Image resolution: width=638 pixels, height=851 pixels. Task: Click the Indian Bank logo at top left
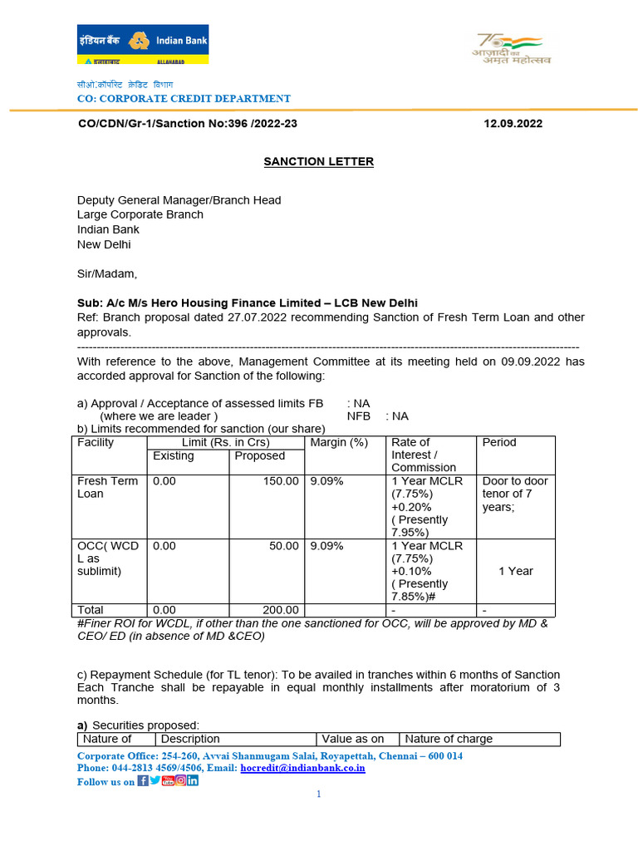coord(142,44)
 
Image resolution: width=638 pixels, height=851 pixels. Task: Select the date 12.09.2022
coord(513,124)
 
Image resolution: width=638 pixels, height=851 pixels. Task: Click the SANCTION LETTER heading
coord(318,161)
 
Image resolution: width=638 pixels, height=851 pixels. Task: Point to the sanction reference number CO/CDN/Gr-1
coord(187,124)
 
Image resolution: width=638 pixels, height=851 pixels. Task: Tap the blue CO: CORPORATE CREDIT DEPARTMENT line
coord(184,99)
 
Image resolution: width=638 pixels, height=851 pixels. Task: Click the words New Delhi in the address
coord(104,244)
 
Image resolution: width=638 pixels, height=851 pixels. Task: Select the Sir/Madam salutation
coord(107,273)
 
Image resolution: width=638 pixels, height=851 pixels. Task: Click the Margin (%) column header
coord(339,442)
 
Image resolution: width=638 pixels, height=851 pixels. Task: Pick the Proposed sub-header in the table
coord(259,455)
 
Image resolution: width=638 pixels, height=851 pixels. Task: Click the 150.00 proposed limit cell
coord(281,481)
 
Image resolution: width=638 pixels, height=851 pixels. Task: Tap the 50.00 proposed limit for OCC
coord(284,546)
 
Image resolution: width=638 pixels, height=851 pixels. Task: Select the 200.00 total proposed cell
coord(281,610)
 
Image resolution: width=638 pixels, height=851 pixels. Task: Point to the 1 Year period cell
coord(516,571)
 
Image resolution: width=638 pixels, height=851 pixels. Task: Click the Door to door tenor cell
coord(515,494)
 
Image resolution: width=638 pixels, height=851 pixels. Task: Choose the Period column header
coord(499,442)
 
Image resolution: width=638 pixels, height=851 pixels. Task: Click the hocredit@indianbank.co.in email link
coord(302,769)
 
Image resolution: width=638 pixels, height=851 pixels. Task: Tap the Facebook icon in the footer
coord(143,780)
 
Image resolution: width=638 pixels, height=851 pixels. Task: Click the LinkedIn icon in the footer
coord(193,780)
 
